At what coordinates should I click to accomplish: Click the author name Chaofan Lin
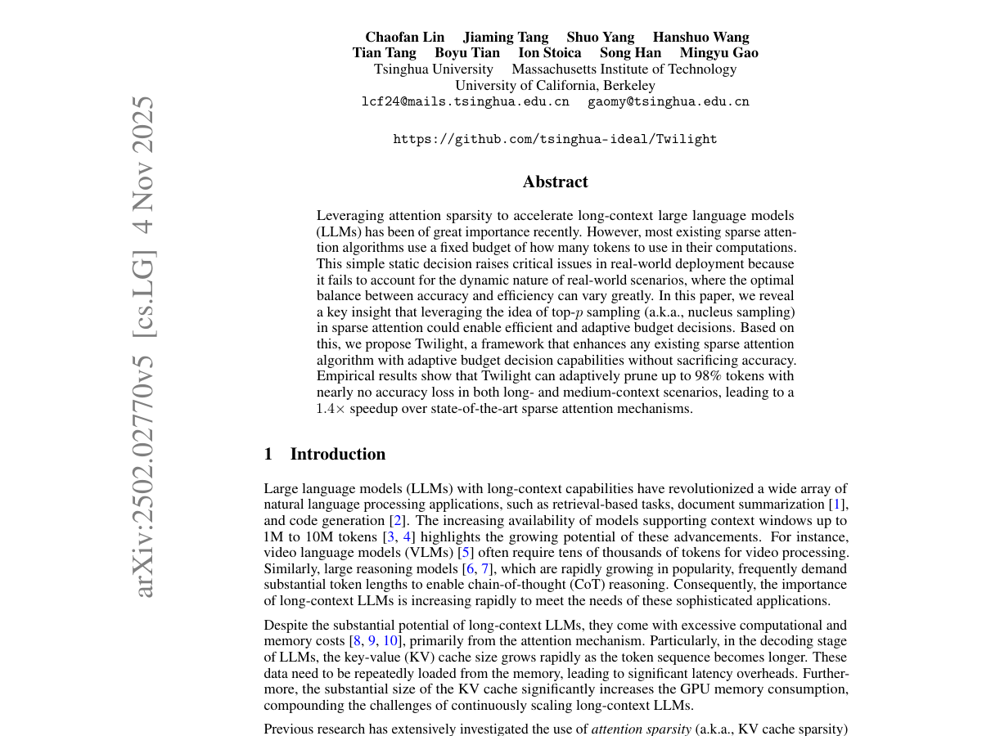(405, 37)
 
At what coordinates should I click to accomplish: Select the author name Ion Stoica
(550, 53)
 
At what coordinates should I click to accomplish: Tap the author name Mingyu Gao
(719, 53)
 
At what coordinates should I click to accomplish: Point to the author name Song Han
(630, 53)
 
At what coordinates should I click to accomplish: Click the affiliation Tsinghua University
(434, 70)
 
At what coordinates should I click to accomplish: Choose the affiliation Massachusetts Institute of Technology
(624, 70)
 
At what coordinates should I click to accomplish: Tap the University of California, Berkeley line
(556, 86)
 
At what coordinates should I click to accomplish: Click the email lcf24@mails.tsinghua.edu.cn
(465, 102)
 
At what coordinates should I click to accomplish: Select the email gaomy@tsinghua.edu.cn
(669, 102)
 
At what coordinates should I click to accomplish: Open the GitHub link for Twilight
(556, 140)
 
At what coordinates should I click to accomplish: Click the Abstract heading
(556, 182)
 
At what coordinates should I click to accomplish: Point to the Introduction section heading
(337, 454)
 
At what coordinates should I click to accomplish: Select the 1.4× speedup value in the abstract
(331, 409)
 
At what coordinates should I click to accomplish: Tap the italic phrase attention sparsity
(642, 729)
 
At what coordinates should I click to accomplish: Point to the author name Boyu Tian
(467, 53)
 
